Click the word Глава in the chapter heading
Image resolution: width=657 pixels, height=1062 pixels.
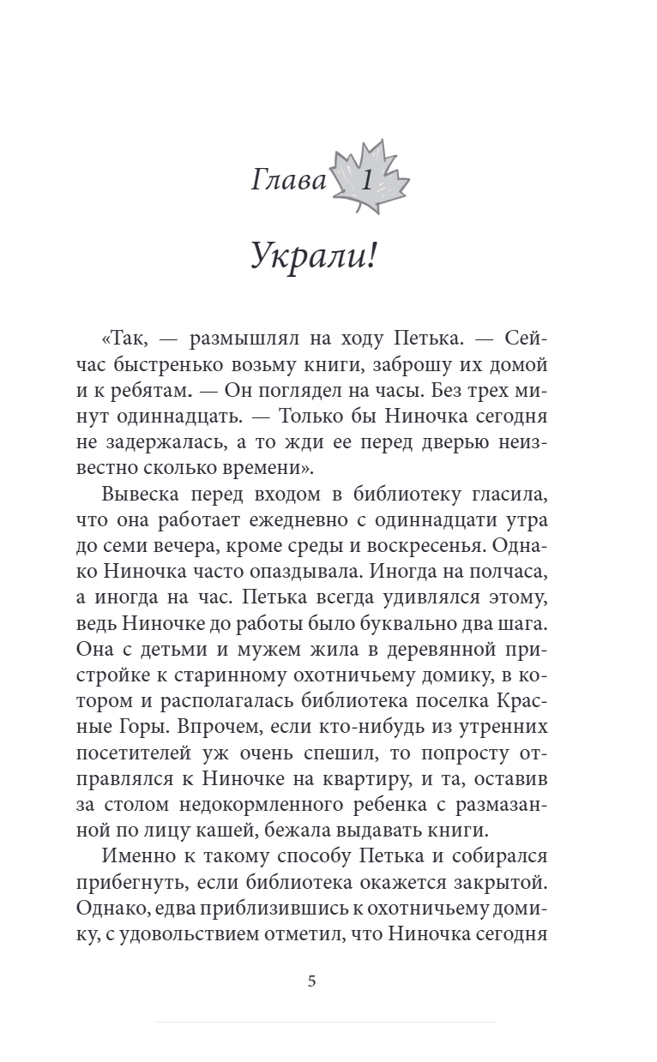tap(289, 181)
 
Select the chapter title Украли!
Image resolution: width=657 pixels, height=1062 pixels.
tap(313, 255)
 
